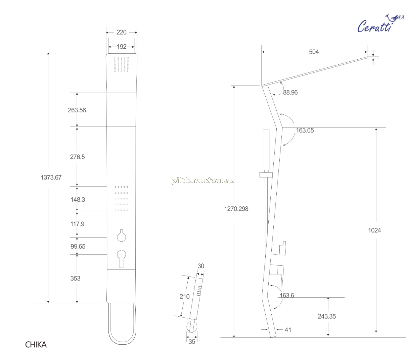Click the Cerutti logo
click(x=380, y=24)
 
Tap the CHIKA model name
click(x=36, y=345)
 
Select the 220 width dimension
click(x=122, y=32)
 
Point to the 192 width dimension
click(x=122, y=47)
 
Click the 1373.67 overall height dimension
click(x=51, y=177)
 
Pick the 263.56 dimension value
click(x=77, y=110)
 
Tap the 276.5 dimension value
click(x=77, y=157)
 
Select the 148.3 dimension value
click(x=78, y=199)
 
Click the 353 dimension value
click(x=75, y=278)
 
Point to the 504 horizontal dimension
click(x=314, y=52)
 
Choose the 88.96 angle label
click(x=290, y=92)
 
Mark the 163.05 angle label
click(x=305, y=131)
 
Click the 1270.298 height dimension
click(x=236, y=209)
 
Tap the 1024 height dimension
click(x=374, y=230)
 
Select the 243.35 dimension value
click(x=327, y=316)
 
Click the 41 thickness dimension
click(x=288, y=330)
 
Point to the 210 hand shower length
click(x=185, y=296)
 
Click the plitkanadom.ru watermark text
click(x=203, y=181)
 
